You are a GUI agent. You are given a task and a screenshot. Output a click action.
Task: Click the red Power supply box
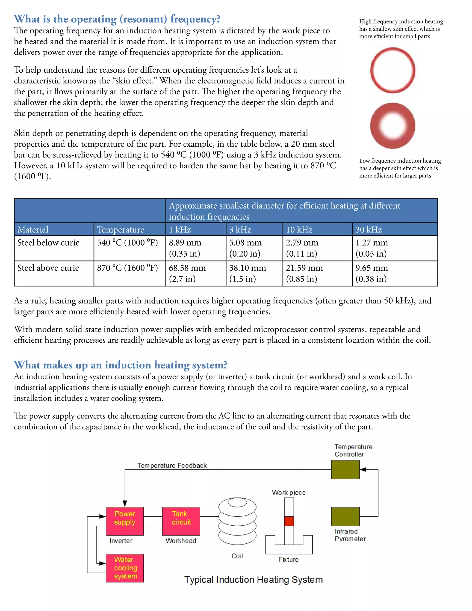pyautogui.click(x=125, y=521)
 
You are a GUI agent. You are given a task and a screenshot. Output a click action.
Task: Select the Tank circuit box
pyautogui.click(x=181, y=521)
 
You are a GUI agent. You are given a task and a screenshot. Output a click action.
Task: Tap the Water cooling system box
pyautogui.click(x=125, y=568)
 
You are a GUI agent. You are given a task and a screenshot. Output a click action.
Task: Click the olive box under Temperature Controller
pyautogui.click(x=345, y=469)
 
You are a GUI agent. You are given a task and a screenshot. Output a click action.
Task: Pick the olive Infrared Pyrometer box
pyautogui.click(x=345, y=516)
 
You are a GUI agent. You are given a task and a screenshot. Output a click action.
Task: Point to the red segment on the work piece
pyautogui.click(x=289, y=521)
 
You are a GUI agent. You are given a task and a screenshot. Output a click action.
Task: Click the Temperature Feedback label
pyautogui.click(x=172, y=466)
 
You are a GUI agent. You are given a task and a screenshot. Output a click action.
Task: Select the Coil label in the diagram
pyautogui.click(x=237, y=556)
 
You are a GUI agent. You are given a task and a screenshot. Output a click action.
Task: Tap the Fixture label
pyautogui.click(x=288, y=559)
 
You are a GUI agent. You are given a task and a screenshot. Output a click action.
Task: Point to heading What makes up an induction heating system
pyautogui.click(x=121, y=365)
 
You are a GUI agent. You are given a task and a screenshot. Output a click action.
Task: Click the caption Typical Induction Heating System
pyautogui.click(x=253, y=580)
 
